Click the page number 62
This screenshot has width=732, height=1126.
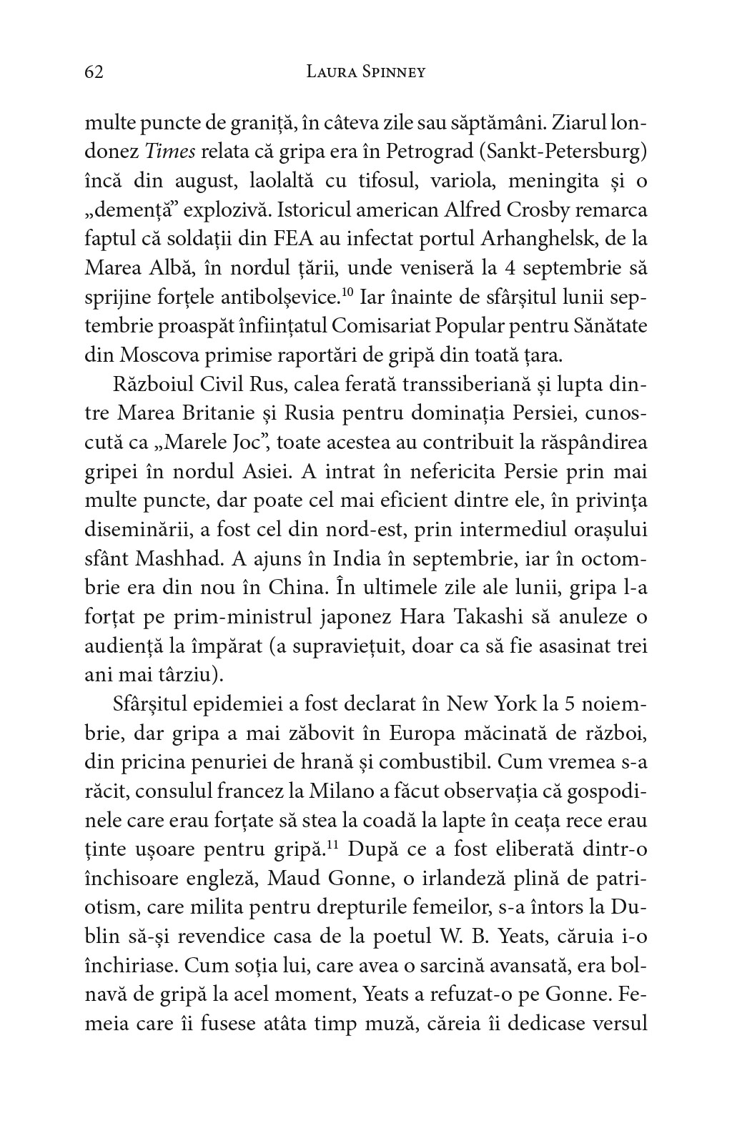pyautogui.click(x=94, y=72)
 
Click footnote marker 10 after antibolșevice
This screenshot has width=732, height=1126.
pyautogui.click(x=348, y=290)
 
